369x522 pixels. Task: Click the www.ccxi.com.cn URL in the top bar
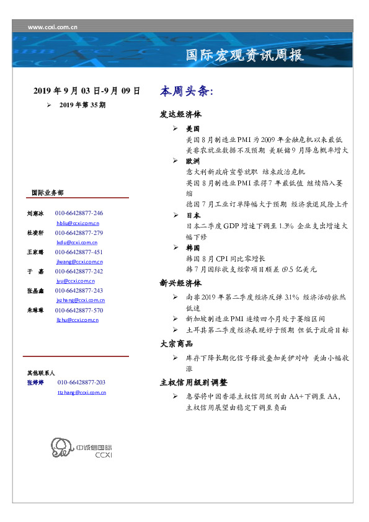coord(53,27)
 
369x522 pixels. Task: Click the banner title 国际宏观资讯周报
coord(245,55)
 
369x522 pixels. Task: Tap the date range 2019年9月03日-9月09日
coord(86,91)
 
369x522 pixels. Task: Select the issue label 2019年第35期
coord(82,105)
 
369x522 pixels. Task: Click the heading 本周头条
coord(186,91)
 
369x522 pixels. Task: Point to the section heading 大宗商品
coord(176,343)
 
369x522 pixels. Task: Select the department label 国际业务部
coord(47,193)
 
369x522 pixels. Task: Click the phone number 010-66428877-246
coord(79,213)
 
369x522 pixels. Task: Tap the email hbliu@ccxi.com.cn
coord(78,223)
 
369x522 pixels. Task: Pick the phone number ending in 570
coord(79,310)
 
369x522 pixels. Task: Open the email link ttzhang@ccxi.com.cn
coord(81,392)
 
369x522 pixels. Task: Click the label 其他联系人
coord(41,373)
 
